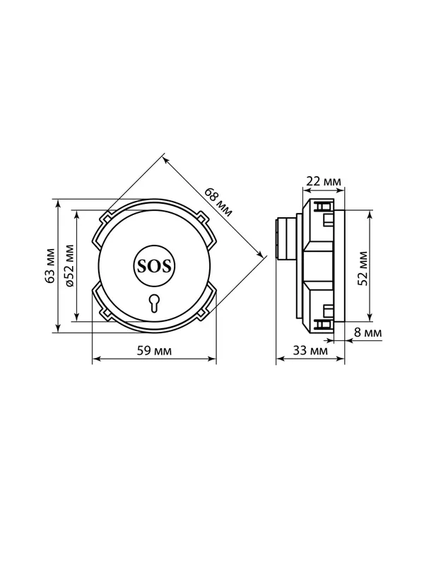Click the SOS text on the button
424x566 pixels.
154,267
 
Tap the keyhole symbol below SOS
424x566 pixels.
154,303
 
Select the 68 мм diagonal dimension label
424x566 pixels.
218,202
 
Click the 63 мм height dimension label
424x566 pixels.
50,266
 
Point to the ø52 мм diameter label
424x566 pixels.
69,266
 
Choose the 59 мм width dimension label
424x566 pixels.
154,350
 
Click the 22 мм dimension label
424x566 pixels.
324,181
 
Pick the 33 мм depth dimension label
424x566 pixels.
310,350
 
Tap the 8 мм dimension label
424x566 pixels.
367,332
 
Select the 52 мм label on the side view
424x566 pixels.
363,268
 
